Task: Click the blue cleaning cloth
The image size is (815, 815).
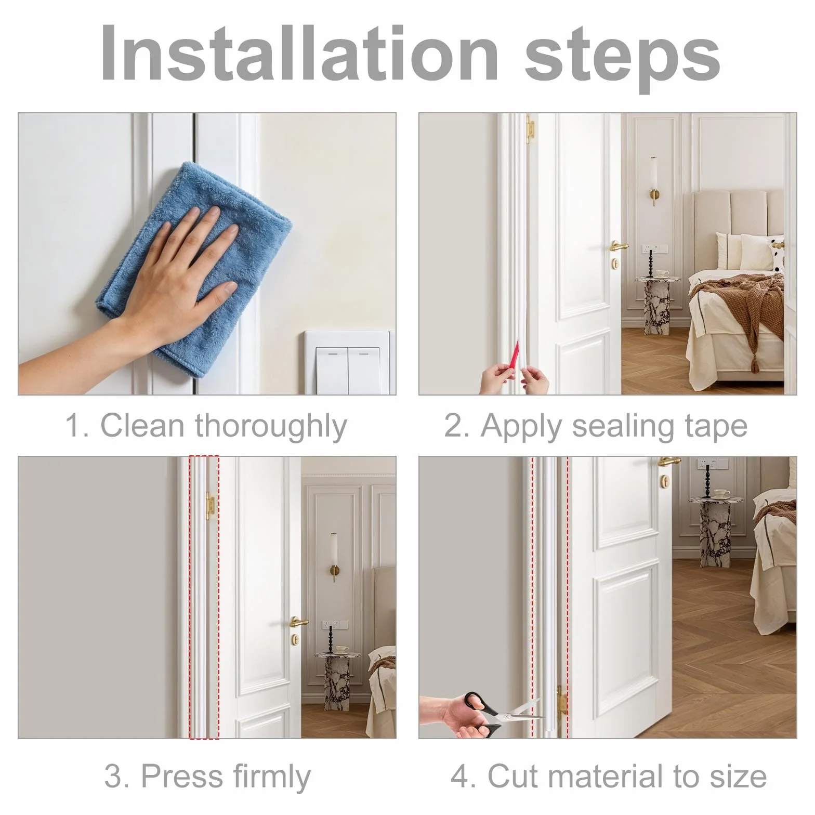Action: point(208,260)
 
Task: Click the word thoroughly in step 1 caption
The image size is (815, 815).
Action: point(270,427)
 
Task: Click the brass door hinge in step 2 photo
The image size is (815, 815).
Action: point(530,130)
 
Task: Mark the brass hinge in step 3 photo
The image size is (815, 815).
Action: point(210,506)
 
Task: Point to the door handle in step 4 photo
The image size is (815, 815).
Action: point(668,461)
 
